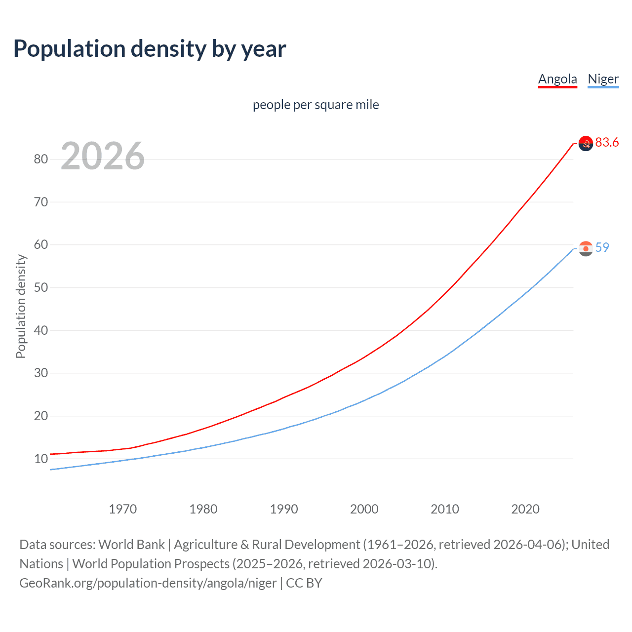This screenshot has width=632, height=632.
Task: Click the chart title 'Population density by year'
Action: tap(150, 49)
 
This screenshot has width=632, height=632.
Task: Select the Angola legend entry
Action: tap(557, 79)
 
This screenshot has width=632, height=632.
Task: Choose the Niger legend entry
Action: tap(603, 79)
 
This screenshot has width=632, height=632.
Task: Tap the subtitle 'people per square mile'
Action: tap(316, 105)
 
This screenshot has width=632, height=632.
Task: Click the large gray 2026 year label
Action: tap(103, 156)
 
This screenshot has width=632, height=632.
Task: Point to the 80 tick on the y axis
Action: tap(41, 159)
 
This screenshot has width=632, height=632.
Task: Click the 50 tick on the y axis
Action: tap(41, 287)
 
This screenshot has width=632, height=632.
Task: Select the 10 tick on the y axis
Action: tap(41, 459)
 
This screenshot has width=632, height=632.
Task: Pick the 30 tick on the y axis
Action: tap(41, 373)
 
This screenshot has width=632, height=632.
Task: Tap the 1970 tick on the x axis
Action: tap(123, 509)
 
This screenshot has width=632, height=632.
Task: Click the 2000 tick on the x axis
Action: tap(364, 509)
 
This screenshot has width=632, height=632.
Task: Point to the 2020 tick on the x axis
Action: tap(525, 509)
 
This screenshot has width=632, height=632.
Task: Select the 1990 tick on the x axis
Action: tap(284, 509)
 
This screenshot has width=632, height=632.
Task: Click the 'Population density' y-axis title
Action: tap(21, 306)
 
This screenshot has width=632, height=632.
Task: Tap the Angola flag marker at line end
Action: tap(586, 143)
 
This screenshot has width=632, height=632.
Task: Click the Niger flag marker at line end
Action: tap(586, 248)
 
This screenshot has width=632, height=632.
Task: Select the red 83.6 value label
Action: tap(607, 143)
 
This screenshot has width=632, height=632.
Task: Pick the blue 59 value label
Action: tap(602, 247)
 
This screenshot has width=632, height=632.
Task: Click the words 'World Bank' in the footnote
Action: tap(131, 545)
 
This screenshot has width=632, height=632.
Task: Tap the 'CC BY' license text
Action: tap(304, 583)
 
